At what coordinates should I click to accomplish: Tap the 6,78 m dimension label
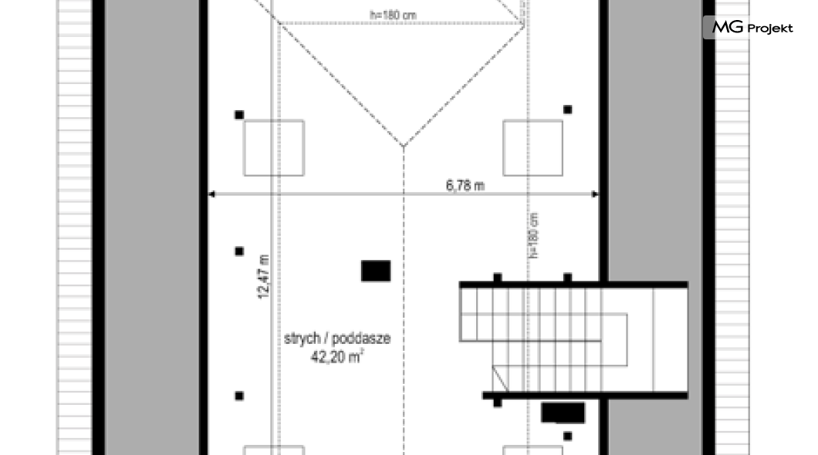pos(465,185)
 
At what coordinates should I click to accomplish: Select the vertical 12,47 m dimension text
pos(263,276)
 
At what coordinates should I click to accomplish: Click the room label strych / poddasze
pos(337,339)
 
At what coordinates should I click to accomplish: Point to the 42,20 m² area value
pos(337,356)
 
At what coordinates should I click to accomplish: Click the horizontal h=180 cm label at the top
pos(393,15)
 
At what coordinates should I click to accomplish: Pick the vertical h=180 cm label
pos(533,235)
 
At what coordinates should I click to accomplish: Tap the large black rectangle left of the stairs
pos(376,271)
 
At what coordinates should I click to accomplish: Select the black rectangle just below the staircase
pos(563,413)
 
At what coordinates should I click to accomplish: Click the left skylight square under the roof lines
pos(274,148)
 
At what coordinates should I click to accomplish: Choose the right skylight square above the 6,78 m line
pos(532,148)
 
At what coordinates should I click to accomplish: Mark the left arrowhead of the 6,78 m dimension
pos(211,194)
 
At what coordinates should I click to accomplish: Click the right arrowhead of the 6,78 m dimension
pos(595,194)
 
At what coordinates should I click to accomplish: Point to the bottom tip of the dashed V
pos(404,147)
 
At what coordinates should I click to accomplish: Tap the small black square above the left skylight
pos(239,115)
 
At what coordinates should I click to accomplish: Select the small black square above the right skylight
pos(568,110)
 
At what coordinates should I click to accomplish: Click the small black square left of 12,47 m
pos(239,251)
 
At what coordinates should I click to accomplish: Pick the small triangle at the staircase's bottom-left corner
pos(501,378)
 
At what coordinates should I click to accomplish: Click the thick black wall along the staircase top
pos(573,285)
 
